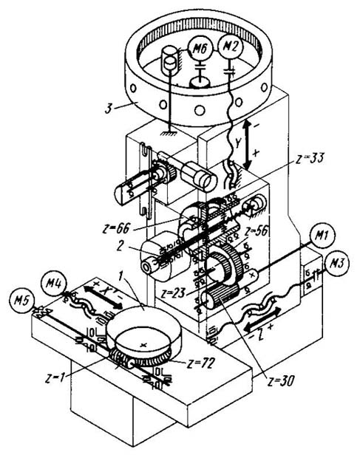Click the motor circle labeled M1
(322, 236)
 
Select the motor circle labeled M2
(230, 47)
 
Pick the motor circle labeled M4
(54, 283)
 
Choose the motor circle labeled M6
(200, 49)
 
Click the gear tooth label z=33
(309, 159)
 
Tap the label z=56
(256, 231)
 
